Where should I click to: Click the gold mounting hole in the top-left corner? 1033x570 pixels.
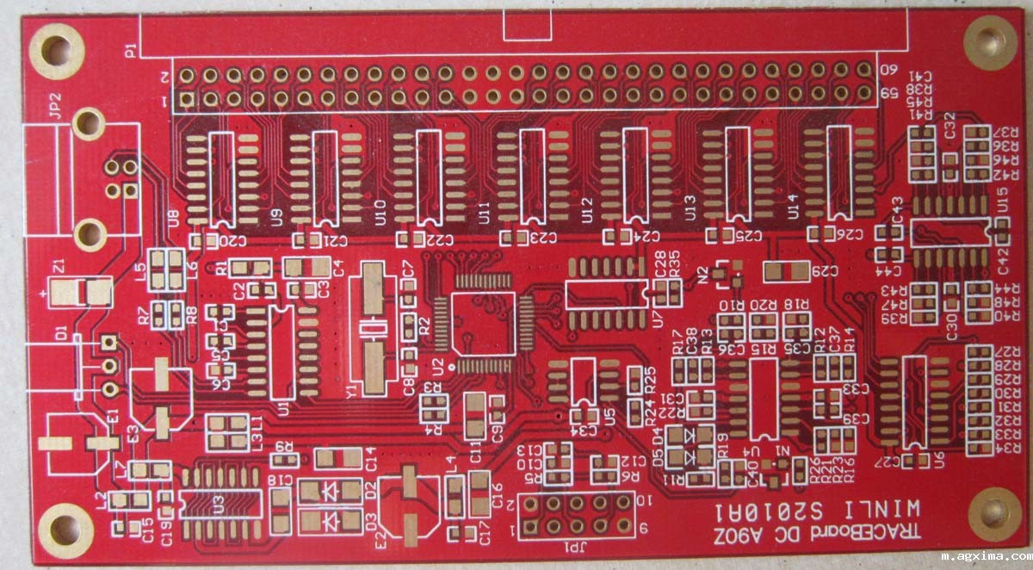pos(57,51)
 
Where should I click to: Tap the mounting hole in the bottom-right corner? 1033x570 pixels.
pos(994,514)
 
